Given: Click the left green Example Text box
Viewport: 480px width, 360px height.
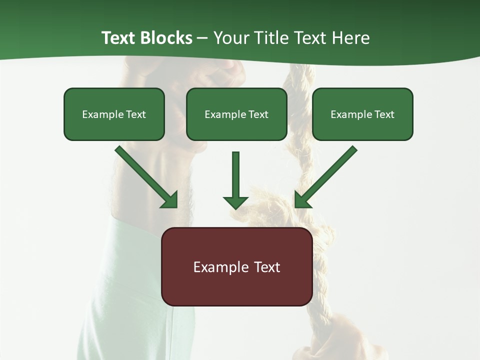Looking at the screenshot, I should [114, 114].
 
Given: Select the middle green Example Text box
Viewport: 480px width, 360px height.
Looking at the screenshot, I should [236, 114].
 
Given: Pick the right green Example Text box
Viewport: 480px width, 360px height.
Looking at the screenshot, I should [362, 114].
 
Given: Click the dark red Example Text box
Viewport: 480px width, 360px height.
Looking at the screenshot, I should [236, 267].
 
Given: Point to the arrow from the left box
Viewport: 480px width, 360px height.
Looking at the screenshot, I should [145, 175].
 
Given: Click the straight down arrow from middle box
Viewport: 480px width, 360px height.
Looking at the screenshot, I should [235, 177].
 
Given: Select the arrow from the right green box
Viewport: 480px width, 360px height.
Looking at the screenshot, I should [327, 175].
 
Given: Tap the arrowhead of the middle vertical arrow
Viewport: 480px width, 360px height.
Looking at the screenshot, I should [235, 202].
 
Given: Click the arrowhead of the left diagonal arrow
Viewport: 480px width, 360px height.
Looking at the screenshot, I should [170, 200].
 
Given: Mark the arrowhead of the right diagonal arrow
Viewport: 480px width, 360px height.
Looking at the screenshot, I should [302, 200].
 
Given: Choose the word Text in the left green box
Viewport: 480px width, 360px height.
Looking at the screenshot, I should [135, 114].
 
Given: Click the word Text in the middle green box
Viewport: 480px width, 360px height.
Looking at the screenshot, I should [258, 114].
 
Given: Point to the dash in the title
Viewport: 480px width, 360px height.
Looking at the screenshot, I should [202, 38].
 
